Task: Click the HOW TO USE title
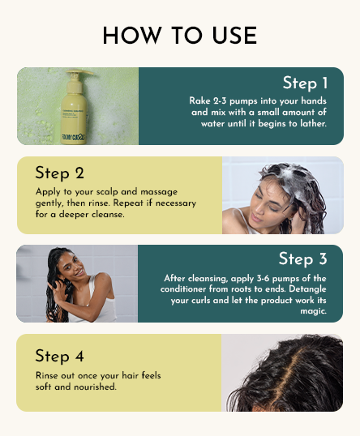coord(179,36)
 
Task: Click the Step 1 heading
coord(305,83)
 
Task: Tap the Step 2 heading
coord(60,173)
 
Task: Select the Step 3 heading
coord(302,259)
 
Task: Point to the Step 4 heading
coord(60,356)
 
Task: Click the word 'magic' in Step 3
coord(311,310)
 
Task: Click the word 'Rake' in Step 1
coord(200,100)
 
